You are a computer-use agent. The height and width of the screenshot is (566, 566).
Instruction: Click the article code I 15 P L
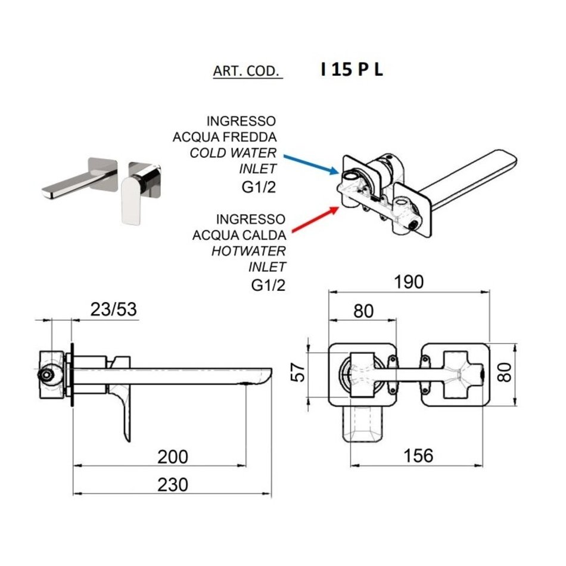(x=352, y=69)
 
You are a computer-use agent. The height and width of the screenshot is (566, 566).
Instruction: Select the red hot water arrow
(x=316, y=219)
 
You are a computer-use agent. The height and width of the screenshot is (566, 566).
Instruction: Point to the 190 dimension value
(x=408, y=282)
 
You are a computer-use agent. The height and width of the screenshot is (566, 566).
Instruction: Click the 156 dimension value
(x=418, y=456)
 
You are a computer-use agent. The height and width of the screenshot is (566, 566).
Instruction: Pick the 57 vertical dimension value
(x=298, y=372)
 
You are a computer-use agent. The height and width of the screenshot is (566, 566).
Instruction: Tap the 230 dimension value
(x=173, y=485)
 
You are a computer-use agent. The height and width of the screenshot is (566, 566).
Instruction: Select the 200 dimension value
(x=173, y=457)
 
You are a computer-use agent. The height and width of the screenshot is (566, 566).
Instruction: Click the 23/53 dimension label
(x=113, y=309)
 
